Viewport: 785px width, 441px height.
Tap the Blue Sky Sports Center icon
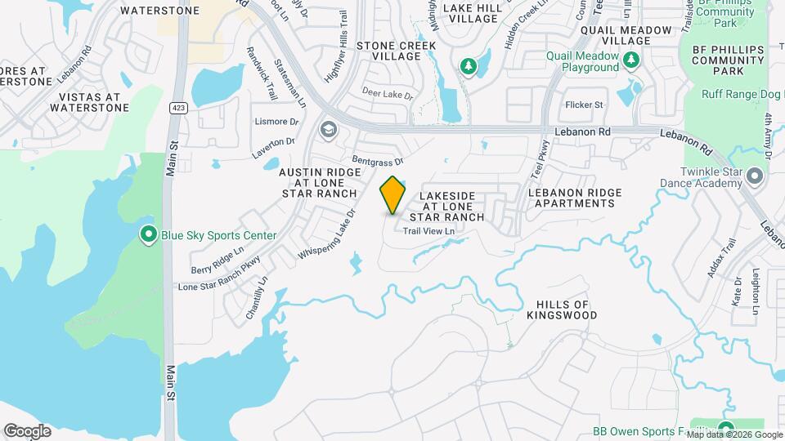pyautogui.click(x=148, y=235)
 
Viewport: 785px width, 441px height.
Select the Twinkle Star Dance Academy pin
pyautogui.click(x=754, y=176)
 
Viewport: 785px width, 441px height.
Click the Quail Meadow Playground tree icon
pyautogui.click(x=630, y=60)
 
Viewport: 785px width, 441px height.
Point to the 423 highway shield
pyautogui.click(x=177, y=107)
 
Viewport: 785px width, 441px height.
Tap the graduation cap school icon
pyautogui.click(x=328, y=129)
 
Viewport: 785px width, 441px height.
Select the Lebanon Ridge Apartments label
pyautogui.click(x=575, y=198)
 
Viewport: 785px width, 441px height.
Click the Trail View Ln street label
pyautogui.click(x=428, y=231)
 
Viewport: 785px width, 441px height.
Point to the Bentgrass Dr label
pyautogui.click(x=378, y=156)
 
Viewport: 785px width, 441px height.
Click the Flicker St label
pyautogui.click(x=584, y=105)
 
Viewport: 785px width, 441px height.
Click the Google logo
pyautogui.click(x=27, y=430)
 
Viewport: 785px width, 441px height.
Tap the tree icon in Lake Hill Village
pyautogui.click(x=468, y=65)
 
